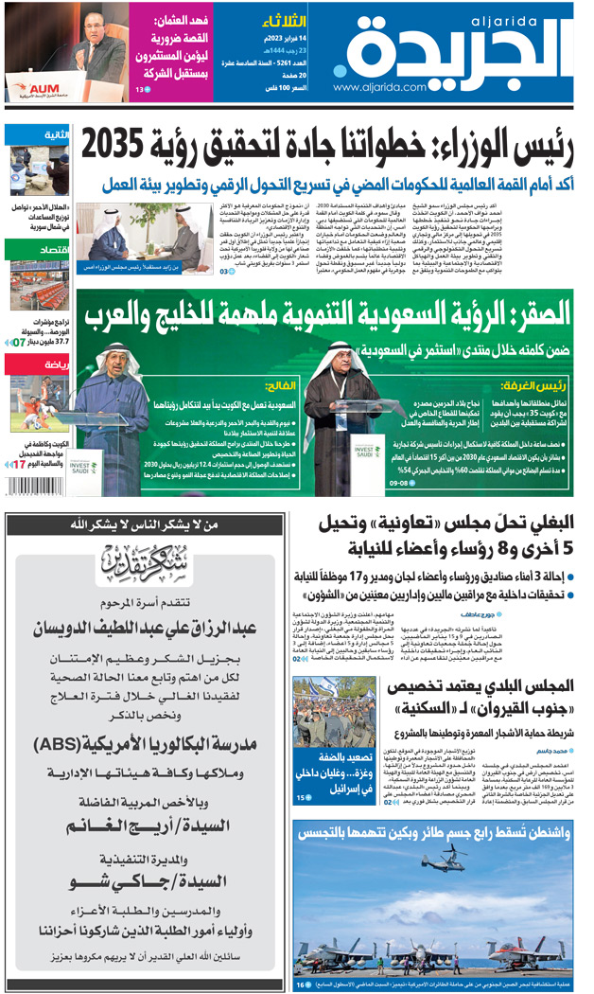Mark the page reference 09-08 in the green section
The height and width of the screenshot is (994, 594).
[399, 484]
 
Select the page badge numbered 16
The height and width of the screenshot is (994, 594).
[302, 984]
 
